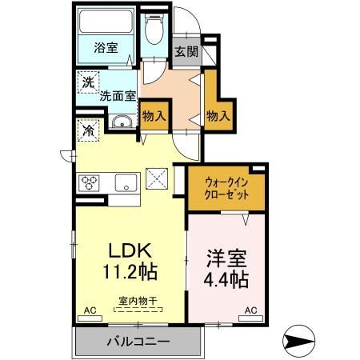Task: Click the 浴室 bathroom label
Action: pos(107,47)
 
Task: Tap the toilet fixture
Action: pos(154,31)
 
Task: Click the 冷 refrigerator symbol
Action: pos(86,128)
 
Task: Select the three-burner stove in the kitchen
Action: pos(89,182)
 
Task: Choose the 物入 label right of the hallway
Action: pos(218,116)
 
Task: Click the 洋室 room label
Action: pos(226,260)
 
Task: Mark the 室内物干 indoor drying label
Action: pos(137,301)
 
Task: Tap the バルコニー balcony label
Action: pos(138,342)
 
